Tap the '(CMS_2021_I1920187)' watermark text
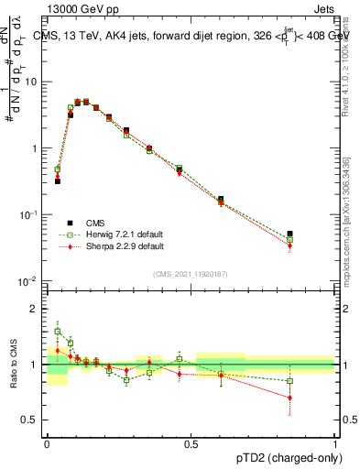point(191,274)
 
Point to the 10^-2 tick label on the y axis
point(30,280)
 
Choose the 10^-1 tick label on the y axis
point(30,214)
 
